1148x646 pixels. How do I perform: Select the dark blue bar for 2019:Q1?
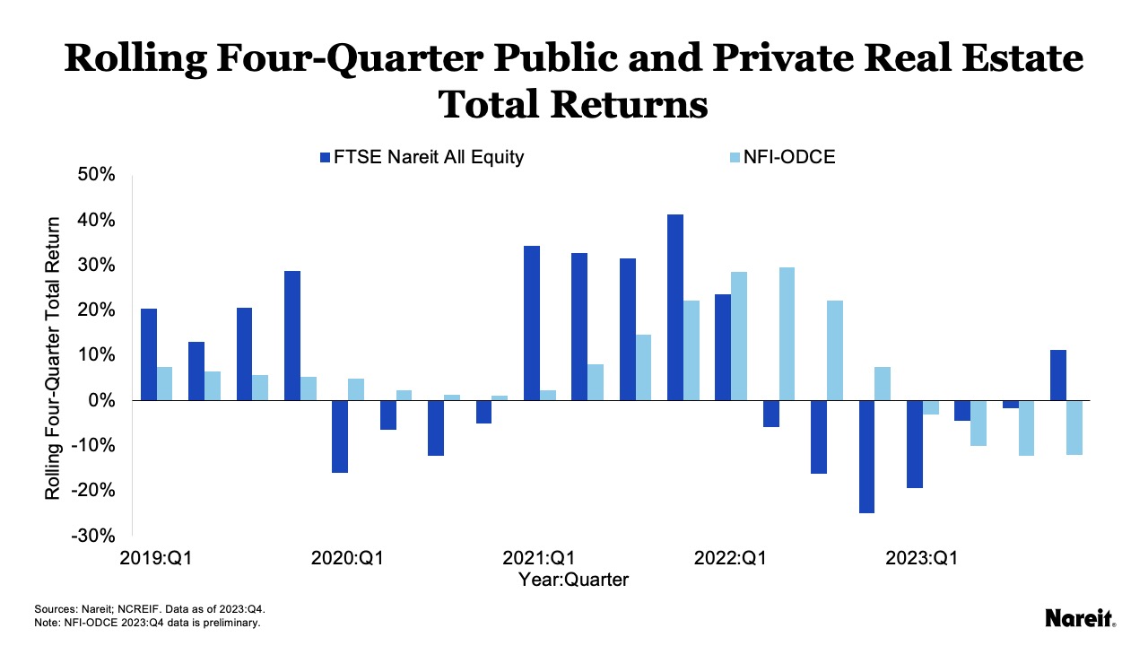pos(149,354)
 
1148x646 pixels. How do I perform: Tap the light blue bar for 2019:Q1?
pos(164,383)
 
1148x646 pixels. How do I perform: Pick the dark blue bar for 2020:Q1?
pos(340,436)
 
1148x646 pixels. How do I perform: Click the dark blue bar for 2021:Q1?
pos(532,323)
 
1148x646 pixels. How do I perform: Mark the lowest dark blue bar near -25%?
pos(866,456)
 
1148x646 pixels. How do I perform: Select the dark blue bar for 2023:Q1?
pos(915,443)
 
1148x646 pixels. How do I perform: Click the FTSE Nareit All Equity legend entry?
pos(422,157)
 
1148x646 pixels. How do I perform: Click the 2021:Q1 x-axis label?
pos(539,558)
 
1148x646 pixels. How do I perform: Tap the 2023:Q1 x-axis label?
pos(922,558)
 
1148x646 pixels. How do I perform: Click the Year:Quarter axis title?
pos(573,580)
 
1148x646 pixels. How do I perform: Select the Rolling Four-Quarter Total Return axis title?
pos(53,358)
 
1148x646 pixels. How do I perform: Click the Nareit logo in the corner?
pos(1081,618)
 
